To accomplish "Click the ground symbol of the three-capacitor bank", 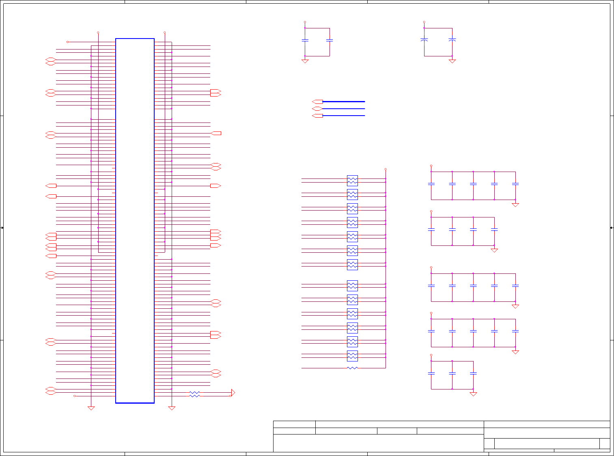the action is (473, 394).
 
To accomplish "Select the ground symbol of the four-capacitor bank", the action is (494, 250).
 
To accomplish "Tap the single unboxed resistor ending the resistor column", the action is (352, 368).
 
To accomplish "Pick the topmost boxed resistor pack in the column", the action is (352, 181).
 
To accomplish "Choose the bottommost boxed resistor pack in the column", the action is (352, 356).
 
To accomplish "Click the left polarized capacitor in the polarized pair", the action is (424, 40).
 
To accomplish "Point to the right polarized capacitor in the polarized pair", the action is (452, 40).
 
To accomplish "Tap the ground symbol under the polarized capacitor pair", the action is (452, 61).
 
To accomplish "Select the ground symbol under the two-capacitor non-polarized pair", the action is (305, 61).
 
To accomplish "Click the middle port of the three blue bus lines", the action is (317, 109).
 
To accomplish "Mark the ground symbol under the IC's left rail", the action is (91, 408).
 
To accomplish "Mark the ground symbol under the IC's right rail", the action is (172, 408).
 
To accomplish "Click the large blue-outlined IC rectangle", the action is (135, 221).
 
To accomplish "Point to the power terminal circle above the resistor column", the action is (386, 169).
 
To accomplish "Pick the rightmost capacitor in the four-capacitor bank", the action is (494, 230).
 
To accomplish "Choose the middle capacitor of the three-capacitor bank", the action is (452, 373).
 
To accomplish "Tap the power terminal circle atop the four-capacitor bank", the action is (431, 211).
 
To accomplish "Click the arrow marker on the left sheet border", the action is (2, 228).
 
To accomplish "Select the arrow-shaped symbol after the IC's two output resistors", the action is (233, 393).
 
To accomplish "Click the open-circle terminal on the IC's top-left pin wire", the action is (68, 42).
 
